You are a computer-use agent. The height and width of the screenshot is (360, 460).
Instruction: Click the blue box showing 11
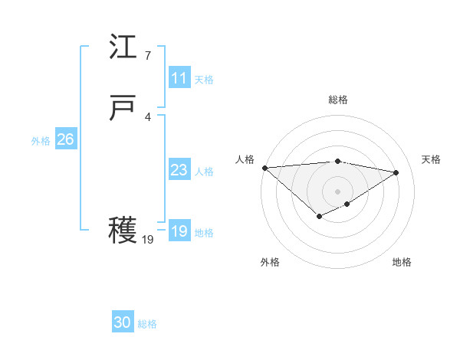click(179, 78)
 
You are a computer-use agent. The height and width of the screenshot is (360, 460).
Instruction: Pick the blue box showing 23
click(179, 170)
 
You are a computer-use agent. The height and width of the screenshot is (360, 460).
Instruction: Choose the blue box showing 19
click(179, 231)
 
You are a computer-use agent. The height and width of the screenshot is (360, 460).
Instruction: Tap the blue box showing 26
click(65, 139)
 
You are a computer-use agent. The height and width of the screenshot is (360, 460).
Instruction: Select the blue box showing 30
click(123, 322)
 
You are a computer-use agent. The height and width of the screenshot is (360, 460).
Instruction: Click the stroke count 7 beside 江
click(147, 55)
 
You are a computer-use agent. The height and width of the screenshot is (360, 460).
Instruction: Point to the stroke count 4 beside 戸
click(147, 116)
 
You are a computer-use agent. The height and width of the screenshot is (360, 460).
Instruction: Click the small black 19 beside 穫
click(148, 239)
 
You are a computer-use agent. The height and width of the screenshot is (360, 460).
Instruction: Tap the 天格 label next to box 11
click(204, 80)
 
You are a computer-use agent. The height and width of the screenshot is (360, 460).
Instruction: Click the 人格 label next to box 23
click(204, 172)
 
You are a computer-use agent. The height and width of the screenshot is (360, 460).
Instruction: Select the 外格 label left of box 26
click(41, 141)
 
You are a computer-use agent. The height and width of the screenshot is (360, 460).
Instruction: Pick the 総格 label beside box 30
click(147, 324)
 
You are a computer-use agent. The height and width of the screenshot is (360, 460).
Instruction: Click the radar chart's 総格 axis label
click(338, 100)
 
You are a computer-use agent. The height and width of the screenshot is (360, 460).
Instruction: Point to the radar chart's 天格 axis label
click(432, 159)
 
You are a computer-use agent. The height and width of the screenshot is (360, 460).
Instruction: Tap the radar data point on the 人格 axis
click(264, 167)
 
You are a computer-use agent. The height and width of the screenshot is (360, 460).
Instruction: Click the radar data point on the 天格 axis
click(396, 172)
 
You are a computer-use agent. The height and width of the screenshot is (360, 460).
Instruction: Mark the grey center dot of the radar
click(338, 191)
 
